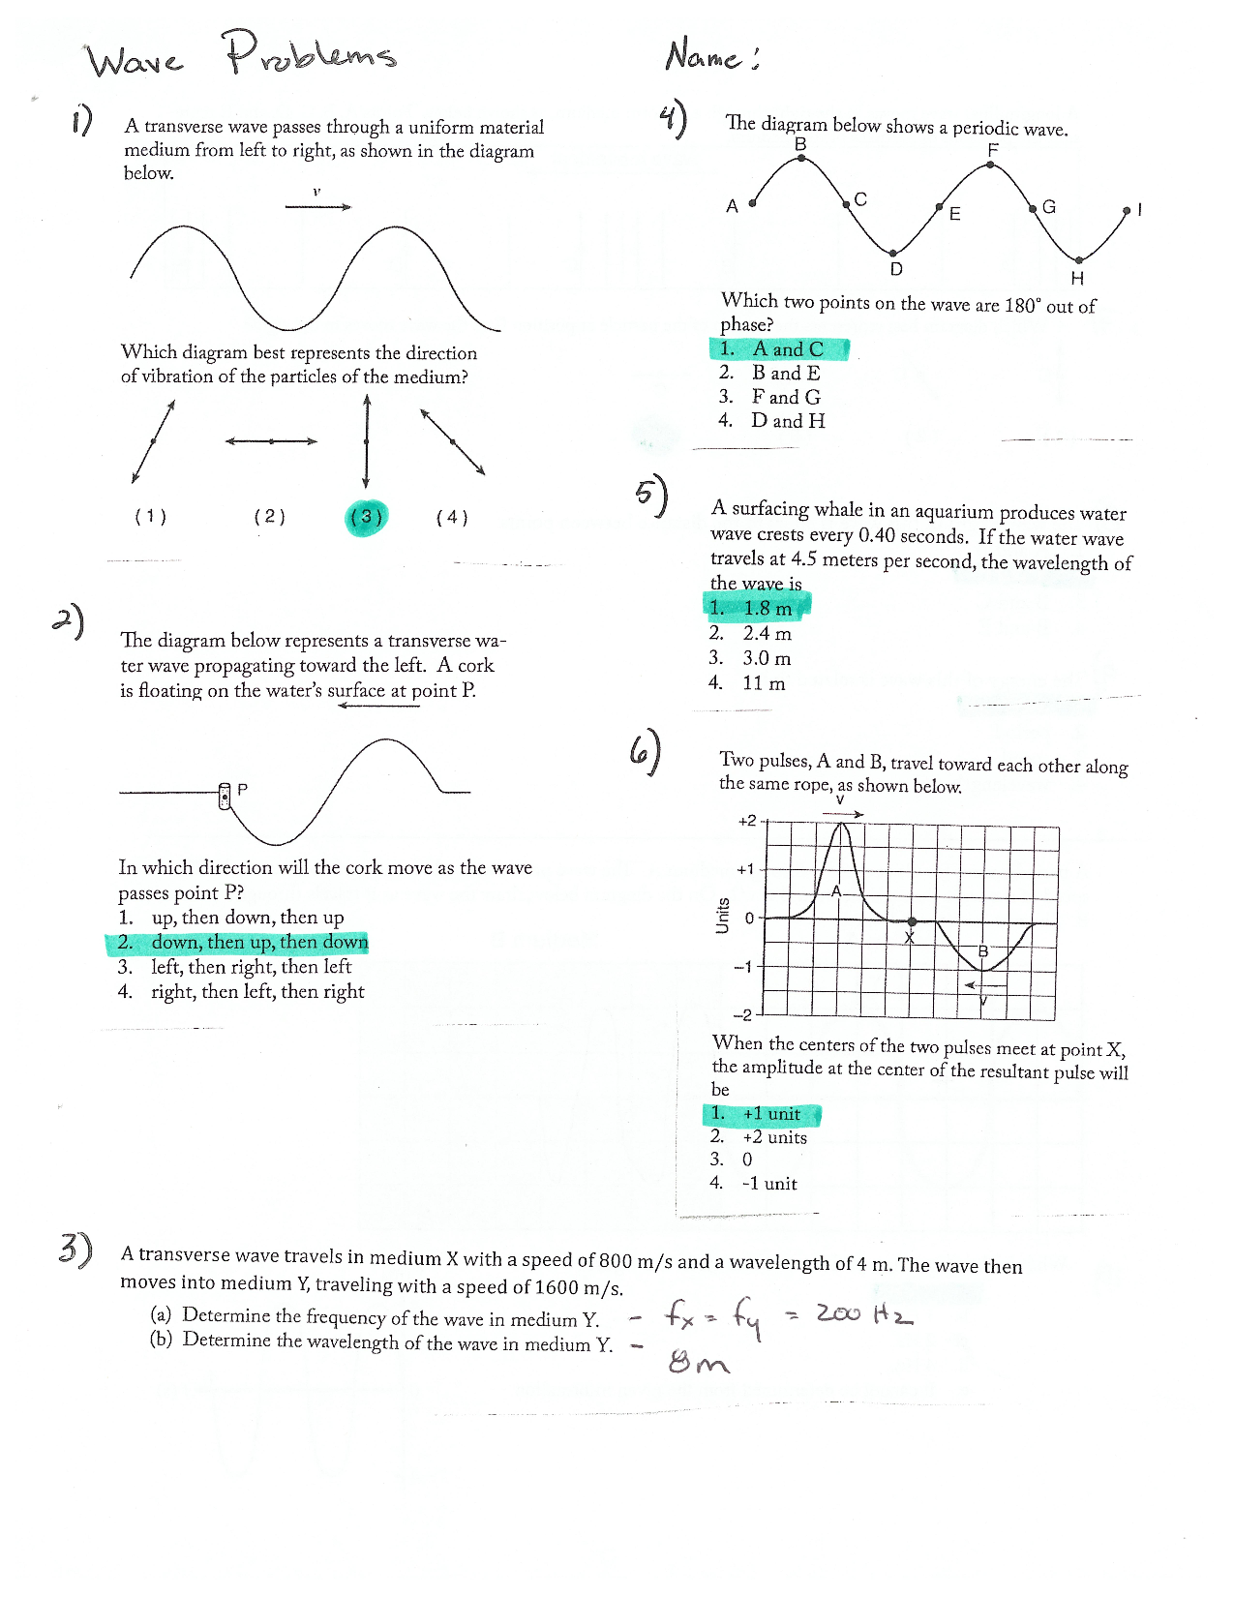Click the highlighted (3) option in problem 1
(366, 518)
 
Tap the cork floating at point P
(225, 796)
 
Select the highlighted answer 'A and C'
(780, 349)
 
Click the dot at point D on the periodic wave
(893, 254)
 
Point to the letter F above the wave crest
(993, 150)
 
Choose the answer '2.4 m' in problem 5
(767, 634)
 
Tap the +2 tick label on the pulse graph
(747, 821)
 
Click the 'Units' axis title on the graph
(722, 916)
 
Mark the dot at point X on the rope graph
(911, 921)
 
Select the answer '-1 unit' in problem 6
(769, 1184)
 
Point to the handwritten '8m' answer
(698, 1363)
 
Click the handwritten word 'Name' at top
(704, 56)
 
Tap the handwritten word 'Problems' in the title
(310, 54)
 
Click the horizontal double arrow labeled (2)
(271, 441)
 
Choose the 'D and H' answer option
(788, 421)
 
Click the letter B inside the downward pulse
(983, 951)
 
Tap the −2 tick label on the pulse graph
(742, 1015)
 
